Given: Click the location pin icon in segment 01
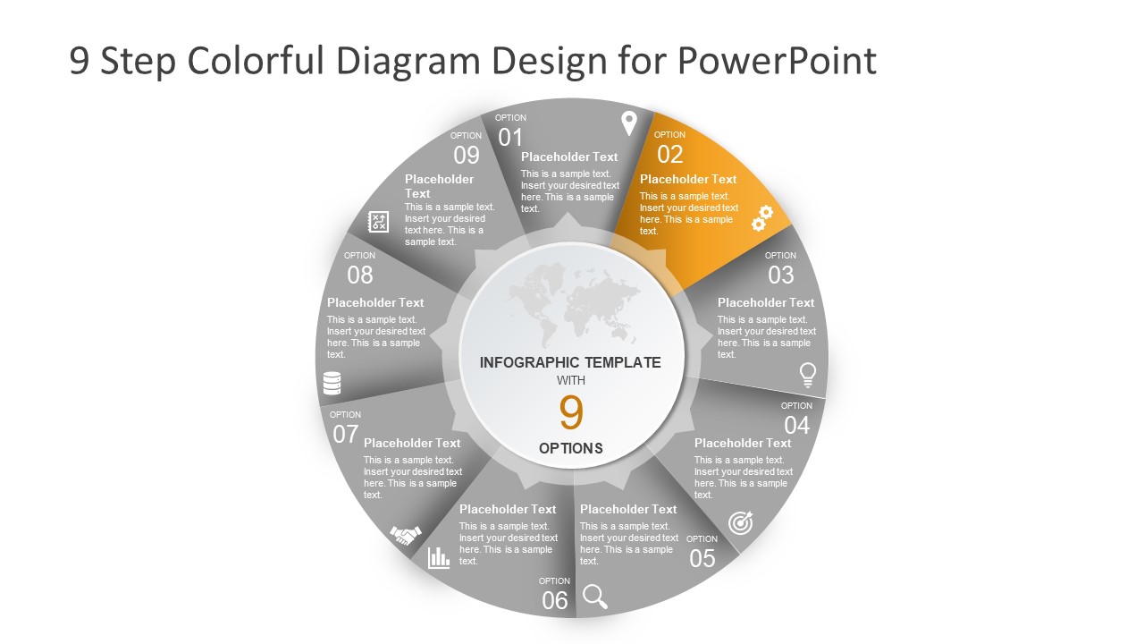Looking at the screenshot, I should (x=629, y=123).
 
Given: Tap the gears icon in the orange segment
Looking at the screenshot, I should (x=761, y=218).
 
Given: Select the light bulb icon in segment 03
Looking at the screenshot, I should (x=807, y=375).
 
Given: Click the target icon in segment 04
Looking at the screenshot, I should (x=740, y=522).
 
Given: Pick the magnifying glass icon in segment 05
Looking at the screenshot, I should (x=594, y=596).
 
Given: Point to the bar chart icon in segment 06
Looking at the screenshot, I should (x=439, y=558).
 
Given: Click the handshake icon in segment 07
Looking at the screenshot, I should (x=406, y=535).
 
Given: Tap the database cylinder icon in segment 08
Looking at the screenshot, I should (x=332, y=384).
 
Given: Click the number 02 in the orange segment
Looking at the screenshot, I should (x=669, y=155).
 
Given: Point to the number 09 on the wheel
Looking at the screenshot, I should (x=467, y=156).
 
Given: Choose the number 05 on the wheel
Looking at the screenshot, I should (x=702, y=559).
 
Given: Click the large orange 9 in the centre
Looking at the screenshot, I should (x=571, y=413).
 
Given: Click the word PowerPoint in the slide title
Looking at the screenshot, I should (x=777, y=61).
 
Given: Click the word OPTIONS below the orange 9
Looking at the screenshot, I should (x=571, y=448).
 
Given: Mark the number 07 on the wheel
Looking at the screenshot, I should (x=346, y=435).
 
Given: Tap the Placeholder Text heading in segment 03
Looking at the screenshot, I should (x=766, y=302).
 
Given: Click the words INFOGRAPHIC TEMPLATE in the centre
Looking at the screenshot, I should (x=570, y=362).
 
